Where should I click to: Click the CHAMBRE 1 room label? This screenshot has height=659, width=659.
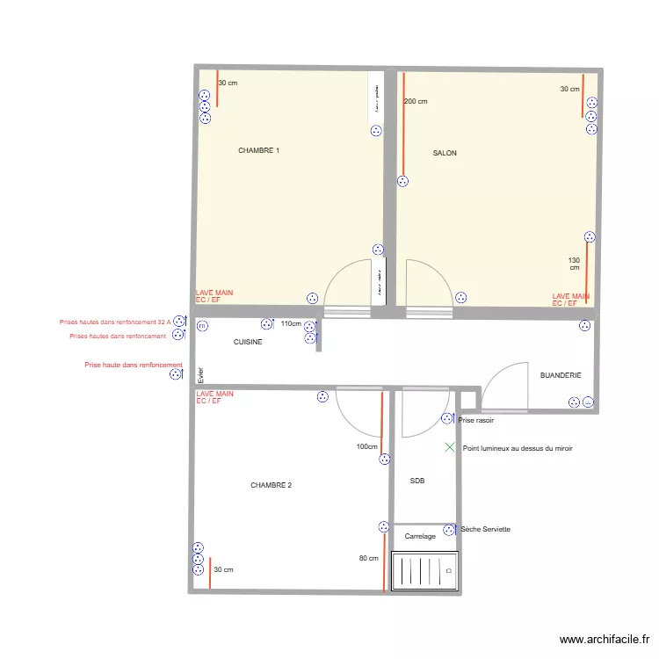(x=258, y=151)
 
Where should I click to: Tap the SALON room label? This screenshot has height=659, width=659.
(x=445, y=153)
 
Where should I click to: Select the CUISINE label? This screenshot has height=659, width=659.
(x=248, y=342)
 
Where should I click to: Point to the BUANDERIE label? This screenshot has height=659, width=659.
(x=561, y=375)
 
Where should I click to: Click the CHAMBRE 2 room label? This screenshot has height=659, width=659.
(x=271, y=485)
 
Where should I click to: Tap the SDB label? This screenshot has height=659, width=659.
(x=417, y=481)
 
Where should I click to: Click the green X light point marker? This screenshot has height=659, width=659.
(x=450, y=447)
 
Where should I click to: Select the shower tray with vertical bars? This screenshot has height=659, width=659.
(x=425, y=574)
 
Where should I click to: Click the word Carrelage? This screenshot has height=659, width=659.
(x=420, y=536)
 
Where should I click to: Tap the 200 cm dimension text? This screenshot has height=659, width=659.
(x=416, y=102)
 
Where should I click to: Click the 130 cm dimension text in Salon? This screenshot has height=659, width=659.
(x=575, y=264)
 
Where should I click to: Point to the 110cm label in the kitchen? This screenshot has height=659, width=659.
(x=291, y=324)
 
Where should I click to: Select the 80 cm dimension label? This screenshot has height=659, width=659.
(x=368, y=558)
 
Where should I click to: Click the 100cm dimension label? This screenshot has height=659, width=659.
(x=366, y=446)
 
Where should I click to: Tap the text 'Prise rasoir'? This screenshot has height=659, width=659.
(x=476, y=421)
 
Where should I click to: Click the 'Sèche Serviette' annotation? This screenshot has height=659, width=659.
(x=485, y=529)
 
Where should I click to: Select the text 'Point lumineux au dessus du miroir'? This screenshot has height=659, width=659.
(x=518, y=448)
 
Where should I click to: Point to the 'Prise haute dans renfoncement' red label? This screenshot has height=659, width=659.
(x=133, y=365)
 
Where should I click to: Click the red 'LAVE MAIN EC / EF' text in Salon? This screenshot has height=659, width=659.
(x=570, y=300)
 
